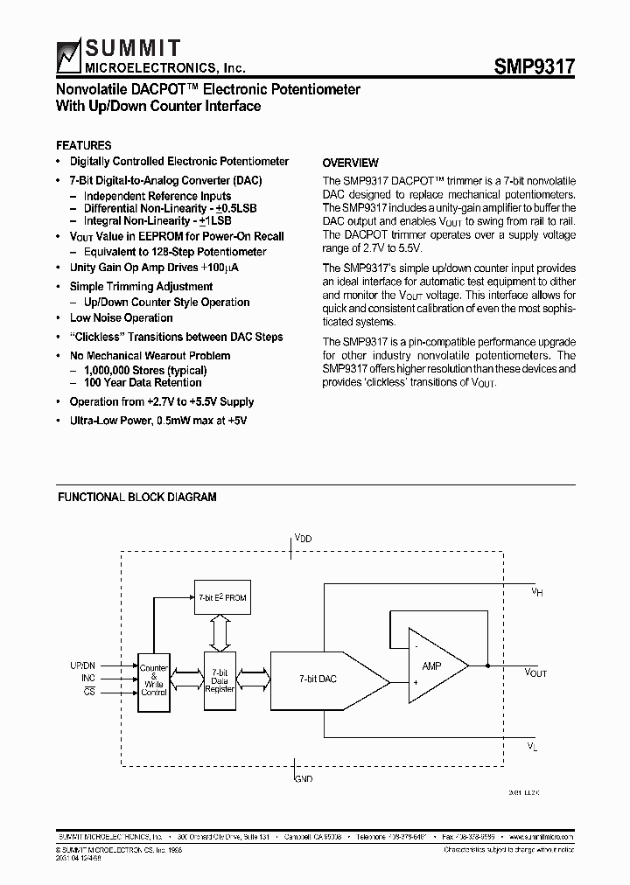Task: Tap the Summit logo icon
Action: (x=68, y=55)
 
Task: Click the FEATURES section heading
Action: (x=83, y=145)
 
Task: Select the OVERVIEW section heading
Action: (x=350, y=163)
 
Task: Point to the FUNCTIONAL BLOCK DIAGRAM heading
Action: (x=136, y=498)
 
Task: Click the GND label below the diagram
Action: (x=303, y=777)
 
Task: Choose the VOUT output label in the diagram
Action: (x=535, y=672)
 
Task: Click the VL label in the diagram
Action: (x=534, y=745)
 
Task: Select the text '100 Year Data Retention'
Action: (x=143, y=382)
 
